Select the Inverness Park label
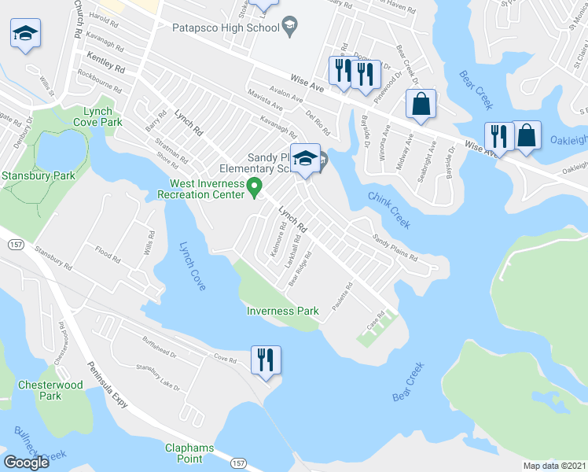tap(283, 311)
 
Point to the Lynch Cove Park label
tap(97, 117)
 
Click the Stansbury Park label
tap(39, 176)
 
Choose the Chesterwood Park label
tap(50, 390)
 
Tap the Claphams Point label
tap(189, 453)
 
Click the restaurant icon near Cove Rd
tap(266, 360)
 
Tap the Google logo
tap(27, 463)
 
